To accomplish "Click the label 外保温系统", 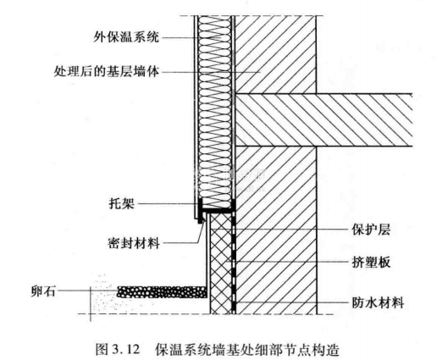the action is point(126,37).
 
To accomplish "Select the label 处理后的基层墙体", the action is point(107,72).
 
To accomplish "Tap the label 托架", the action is point(122,203).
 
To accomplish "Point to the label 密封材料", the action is point(134,243).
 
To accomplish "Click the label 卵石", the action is point(43,291).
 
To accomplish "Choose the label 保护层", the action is point(371,230).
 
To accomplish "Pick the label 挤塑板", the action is point(371,262).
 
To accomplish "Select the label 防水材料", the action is point(378,302).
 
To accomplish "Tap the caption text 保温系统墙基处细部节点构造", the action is point(246,349).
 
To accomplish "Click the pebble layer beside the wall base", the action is point(162,292).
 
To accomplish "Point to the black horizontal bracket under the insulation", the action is point(218,211).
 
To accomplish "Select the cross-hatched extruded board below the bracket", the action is point(221,263).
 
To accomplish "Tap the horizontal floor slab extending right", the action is point(323,119).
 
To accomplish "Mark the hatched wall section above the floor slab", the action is point(275,54).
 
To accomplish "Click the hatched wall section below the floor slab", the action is point(275,230).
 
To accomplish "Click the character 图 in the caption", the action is point(102,349).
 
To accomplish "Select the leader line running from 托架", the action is point(168,203).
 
